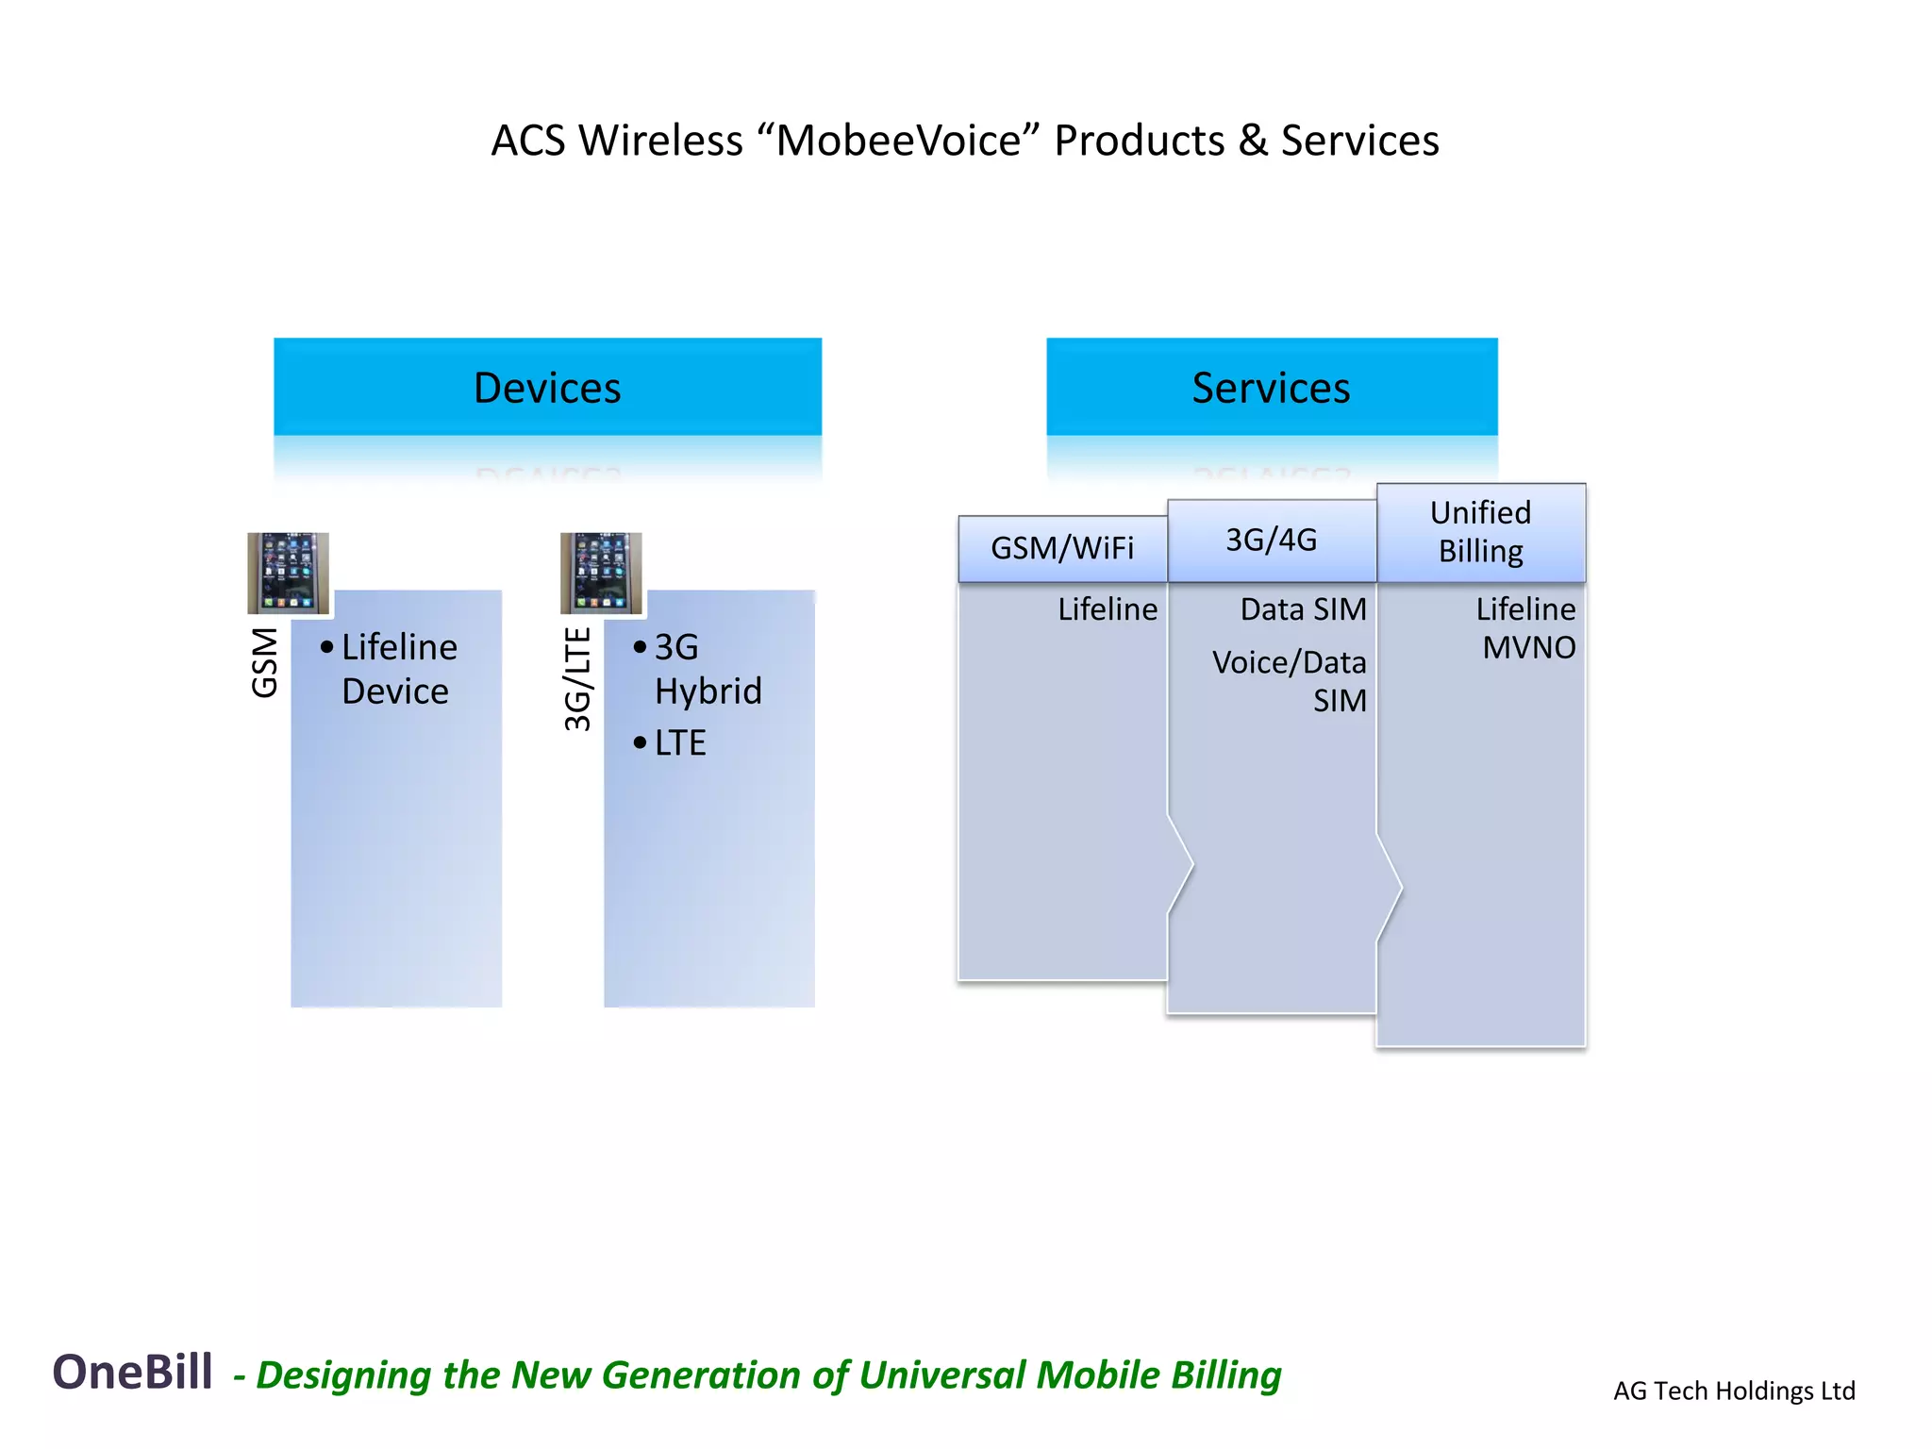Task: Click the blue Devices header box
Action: (x=547, y=387)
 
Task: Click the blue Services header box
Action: (x=1271, y=387)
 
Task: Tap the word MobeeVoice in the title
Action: (x=898, y=141)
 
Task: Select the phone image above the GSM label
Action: (x=288, y=573)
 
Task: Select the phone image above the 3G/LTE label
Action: (x=601, y=573)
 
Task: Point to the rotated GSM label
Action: (x=265, y=662)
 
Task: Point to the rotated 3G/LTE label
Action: (x=577, y=679)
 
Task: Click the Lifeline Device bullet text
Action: (x=398, y=669)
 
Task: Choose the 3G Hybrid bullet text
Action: (x=708, y=669)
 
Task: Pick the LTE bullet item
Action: (x=679, y=743)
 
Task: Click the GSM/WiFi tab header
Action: (x=1062, y=548)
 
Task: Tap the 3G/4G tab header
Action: (x=1271, y=540)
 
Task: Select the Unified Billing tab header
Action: (x=1480, y=532)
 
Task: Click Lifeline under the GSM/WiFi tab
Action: (x=1108, y=609)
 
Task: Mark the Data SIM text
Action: (x=1303, y=609)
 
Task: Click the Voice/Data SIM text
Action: (x=1291, y=681)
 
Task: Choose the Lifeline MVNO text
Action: (x=1525, y=628)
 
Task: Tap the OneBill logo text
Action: (x=133, y=1372)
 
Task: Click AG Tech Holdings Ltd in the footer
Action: (x=1734, y=1391)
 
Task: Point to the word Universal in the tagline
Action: (x=943, y=1374)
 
